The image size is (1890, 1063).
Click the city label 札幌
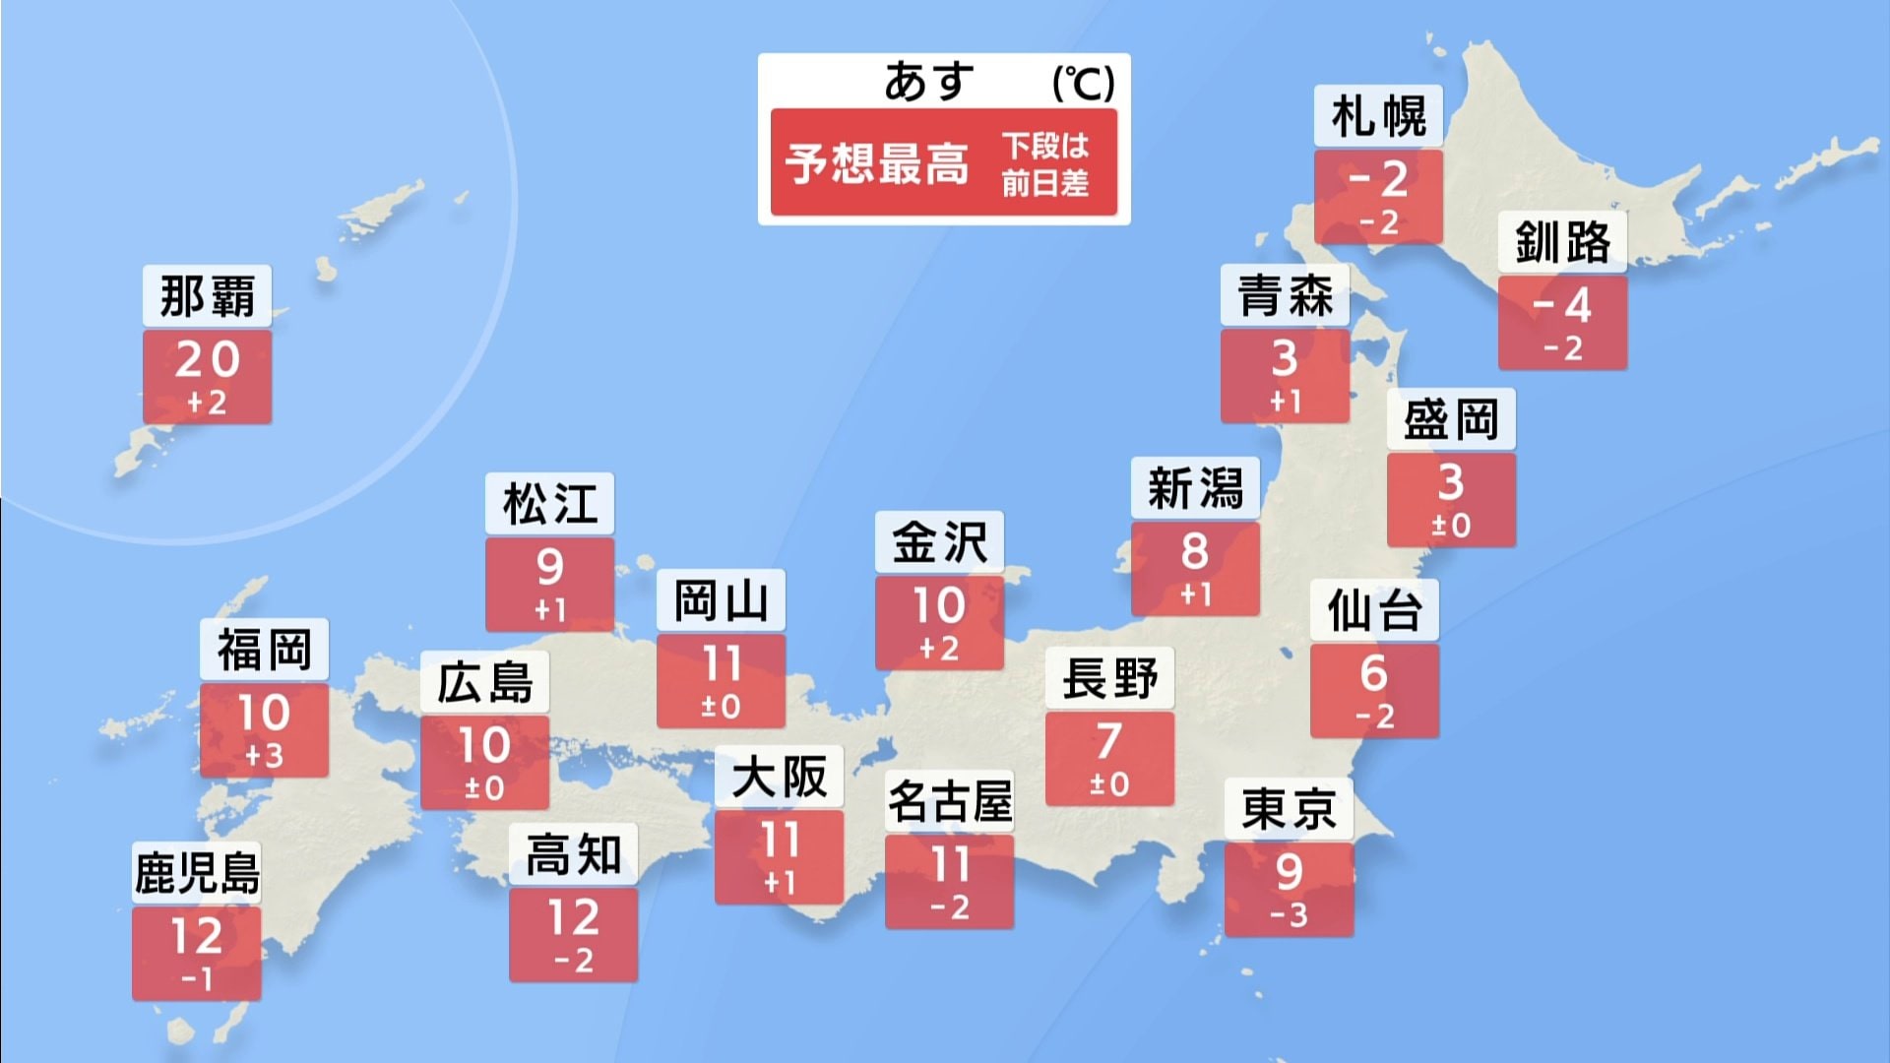click(1378, 117)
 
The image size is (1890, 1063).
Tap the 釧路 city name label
click(1562, 242)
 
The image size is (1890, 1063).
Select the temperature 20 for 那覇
click(208, 359)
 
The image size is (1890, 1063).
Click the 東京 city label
click(1289, 809)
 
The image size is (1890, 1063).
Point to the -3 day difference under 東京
click(1289, 915)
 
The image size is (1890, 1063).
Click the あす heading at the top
click(928, 81)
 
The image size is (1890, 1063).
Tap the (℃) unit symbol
click(1083, 83)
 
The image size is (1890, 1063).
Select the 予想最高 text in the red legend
click(877, 163)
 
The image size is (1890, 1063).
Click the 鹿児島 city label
click(197, 873)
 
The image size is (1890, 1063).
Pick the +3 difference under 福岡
click(264, 756)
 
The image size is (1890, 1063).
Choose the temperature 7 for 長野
click(1109, 741)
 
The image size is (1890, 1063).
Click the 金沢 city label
click(939, 542)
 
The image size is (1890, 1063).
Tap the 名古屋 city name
click(950, 801)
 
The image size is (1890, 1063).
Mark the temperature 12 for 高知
click(573, 918)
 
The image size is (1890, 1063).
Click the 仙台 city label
click(1374, 610)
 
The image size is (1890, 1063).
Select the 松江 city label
click(549, 504)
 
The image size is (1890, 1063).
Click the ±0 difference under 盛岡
click(1451, 526)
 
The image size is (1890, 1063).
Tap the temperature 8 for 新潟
click(1195, 551)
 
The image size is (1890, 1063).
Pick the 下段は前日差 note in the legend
click(1045, 164)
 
